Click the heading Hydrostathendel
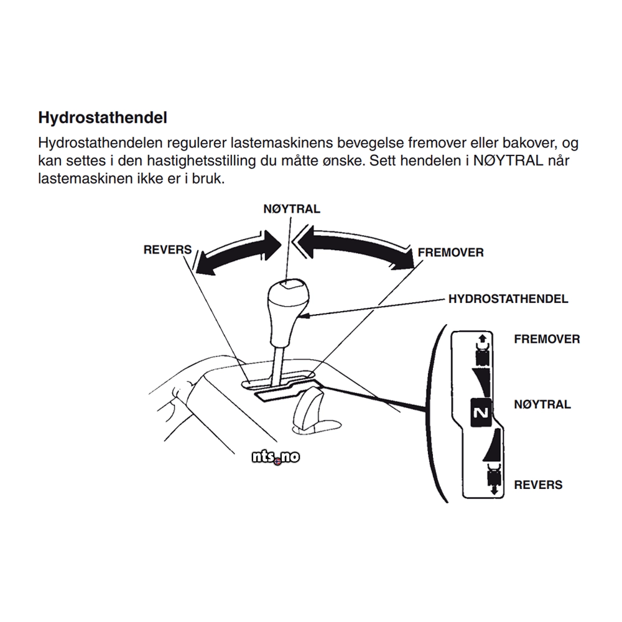pyautogui.click(x=103, y=117)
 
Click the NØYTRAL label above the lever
pyautogui.click(x=292, y=208)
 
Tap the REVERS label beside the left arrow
pyautogui.click(x=168, y=249)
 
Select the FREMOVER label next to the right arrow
pyautogui.click(x=450, y=253)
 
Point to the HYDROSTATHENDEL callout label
pyautogui.click(x=508, y=299)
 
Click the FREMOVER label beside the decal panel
pyautogui.click(x=547, y=339)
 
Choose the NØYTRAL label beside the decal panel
pyautogui.click(x=542, y=404)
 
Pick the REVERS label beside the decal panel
pyautogui.click(x=537, y=485)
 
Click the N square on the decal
pyautogui.click(x=481, y=412)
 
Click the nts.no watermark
pyautogui.click(x=276, y=457)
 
